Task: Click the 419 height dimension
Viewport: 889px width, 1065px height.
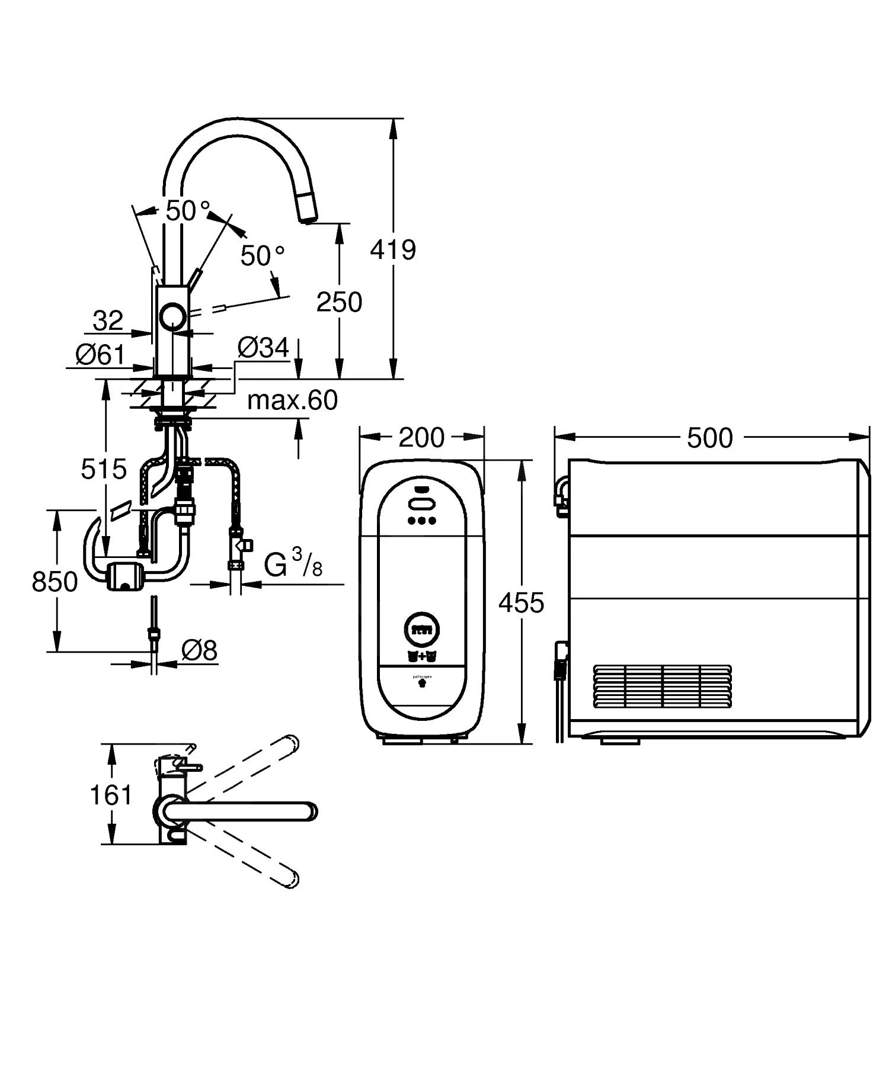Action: coord(393,250)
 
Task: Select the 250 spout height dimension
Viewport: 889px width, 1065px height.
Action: coord(339,302)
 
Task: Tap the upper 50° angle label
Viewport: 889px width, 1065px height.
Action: coord(187,211)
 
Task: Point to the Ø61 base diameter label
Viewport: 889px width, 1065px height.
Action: coord(101,355)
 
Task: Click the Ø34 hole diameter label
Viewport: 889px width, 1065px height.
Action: coord(263,348)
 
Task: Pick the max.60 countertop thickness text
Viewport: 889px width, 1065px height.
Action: coord(292,400)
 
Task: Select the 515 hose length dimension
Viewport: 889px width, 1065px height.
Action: coord(104,469)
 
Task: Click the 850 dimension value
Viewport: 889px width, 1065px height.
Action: coord(55,582)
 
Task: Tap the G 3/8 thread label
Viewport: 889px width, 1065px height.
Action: coord(293,563)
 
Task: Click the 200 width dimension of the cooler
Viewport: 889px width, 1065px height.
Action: coord(421,438)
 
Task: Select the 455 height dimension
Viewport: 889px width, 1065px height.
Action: coord(521,603)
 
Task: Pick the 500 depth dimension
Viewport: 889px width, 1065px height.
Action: coord(710,438)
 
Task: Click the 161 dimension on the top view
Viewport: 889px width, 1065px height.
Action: coord(111,795)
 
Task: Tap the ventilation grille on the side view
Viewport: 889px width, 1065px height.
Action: coord(662,687)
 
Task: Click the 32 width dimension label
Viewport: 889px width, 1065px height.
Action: coord(108,321)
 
